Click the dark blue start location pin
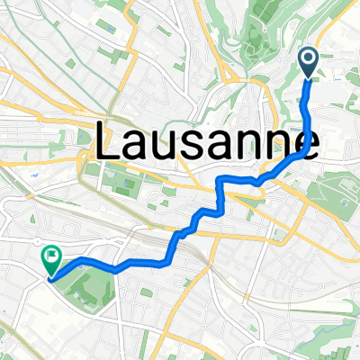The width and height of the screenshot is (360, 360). point(309,63)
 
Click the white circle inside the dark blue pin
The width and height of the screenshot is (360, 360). point(309,59)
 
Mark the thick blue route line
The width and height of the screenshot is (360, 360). point(144,264)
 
